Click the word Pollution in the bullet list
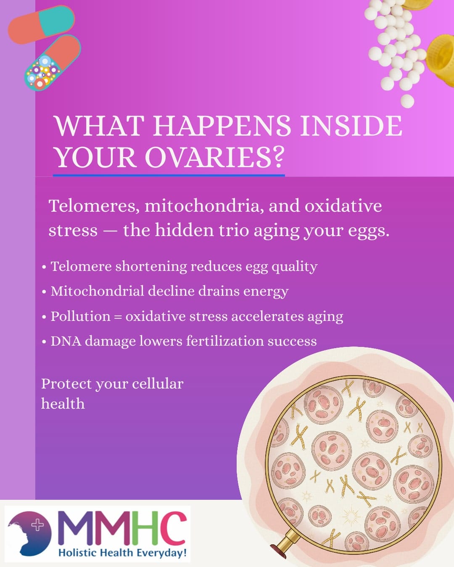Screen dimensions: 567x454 click(x=80, y=316)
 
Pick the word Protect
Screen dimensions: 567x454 click(x=66, y=383)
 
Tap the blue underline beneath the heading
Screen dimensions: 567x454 click(x=168, y=175)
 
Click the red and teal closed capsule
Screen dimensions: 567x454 click(x=41, y=25)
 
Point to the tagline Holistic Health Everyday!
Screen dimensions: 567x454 click(x=122, y=552)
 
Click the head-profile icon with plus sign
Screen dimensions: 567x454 click(x=29, y=533)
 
